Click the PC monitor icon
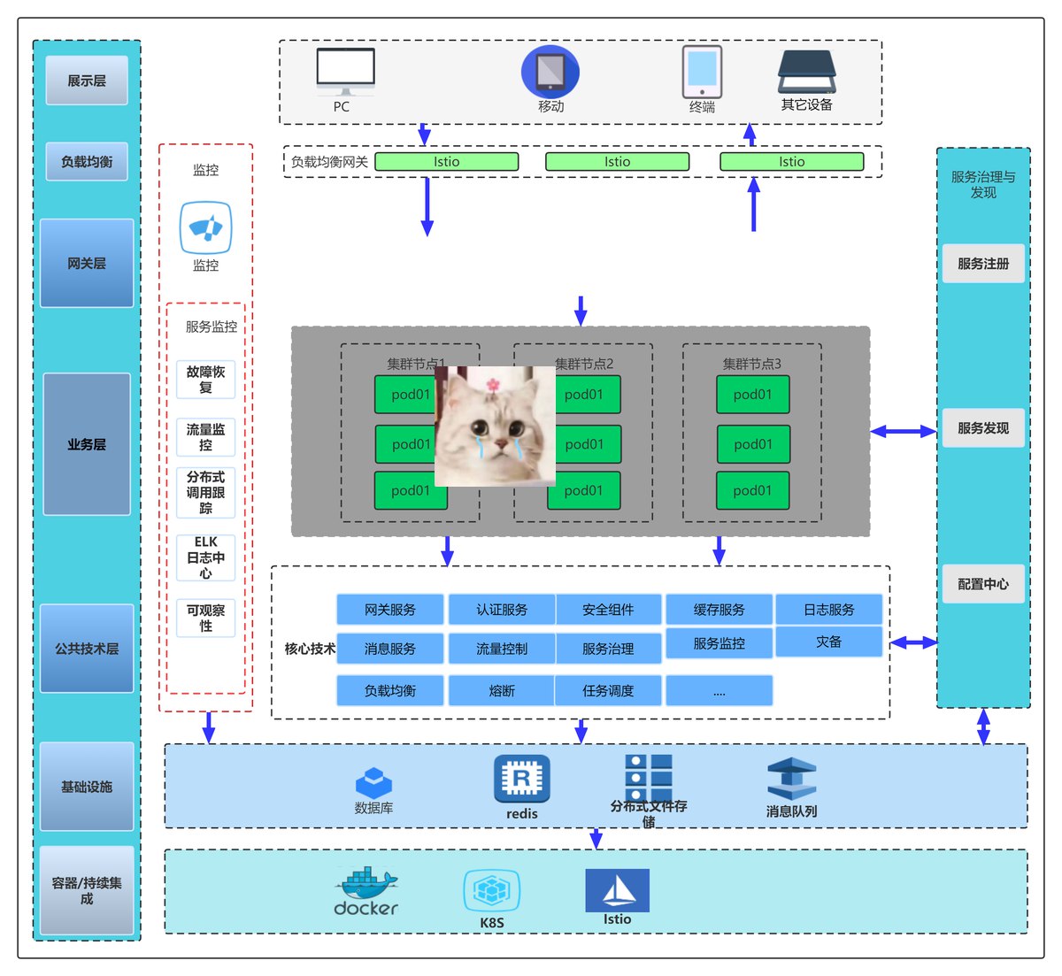pyautogui.click(x=345, y=71)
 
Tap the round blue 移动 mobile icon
pyautogui.click(x=550, y=72)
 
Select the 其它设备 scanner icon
pyautogui.click(x=806, y=72)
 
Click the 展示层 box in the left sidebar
pyautogui.click(x=87, y=81)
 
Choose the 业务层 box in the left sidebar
pyautogui.click(x=87, y=444)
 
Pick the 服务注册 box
pyautogui.click(x=983, y=264)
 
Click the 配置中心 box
pyautogui.click(x=983, y=584)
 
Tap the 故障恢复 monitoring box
pyautogui.click(x=205, y=380)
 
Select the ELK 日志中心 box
pyautogui.click(x=205, y=557)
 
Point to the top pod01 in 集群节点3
pyautogui.click(x=752, y=395)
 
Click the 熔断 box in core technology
pyautogui.click(x=502, y=691)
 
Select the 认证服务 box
pyautogui.click(x=502, y=610)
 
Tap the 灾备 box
pyautogui.click(x=828, y=642)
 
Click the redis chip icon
pyautogui.click(x=521, y=779)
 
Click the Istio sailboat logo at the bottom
pyautogui.click(x=617, y=890)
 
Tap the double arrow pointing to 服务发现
pyautogui.click(x=903, y=432)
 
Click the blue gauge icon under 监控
pyautogui.click(x=205, y=228)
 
